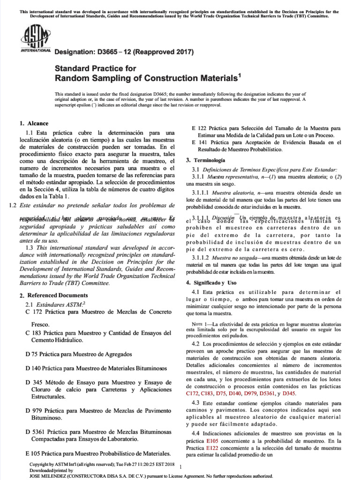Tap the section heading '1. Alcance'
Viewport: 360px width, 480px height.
pos(34,123)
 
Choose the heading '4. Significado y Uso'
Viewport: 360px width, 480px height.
pos(211,283)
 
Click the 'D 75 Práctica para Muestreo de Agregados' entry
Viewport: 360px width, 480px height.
pos(79,354)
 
